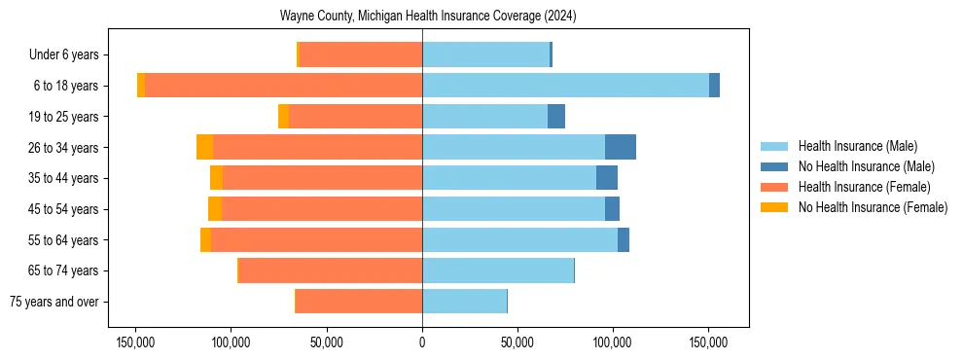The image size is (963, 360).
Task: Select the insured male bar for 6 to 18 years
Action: point(565,86)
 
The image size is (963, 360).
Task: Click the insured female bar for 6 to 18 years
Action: point(283,86)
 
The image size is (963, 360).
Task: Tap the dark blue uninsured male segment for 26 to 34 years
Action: point(621,147)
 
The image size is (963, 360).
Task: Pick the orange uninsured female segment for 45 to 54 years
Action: point(215,209)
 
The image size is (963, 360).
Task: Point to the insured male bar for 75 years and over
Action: point(464,302)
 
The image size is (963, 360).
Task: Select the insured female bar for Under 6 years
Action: point(360,54)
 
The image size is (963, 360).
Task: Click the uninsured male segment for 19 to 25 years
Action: point(556,117)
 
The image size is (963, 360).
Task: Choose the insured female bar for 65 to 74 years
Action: point(330,270)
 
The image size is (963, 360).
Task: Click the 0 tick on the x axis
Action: point(422,342)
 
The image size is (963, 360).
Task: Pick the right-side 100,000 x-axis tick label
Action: point(613,342)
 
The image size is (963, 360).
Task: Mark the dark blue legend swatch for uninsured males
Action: point(775,166)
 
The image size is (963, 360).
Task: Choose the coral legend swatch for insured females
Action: point(775,187)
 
